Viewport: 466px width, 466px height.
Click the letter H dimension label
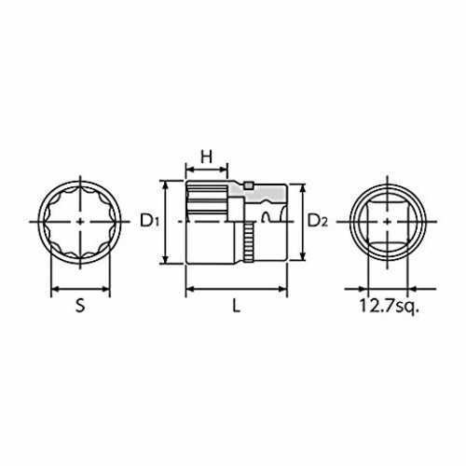point(206,157)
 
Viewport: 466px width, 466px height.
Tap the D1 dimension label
point(150,220)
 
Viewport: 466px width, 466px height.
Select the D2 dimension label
point(317,220)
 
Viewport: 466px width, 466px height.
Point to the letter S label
point(80,306)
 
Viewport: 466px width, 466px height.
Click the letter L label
point(237,306)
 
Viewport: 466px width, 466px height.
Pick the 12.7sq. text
point(390,306)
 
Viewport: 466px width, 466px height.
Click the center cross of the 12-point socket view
point(80,222)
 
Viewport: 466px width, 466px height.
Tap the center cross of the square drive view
point(387,222)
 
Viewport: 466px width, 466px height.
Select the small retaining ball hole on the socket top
point(248,185)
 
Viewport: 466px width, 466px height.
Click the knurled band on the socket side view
point(249,242)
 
